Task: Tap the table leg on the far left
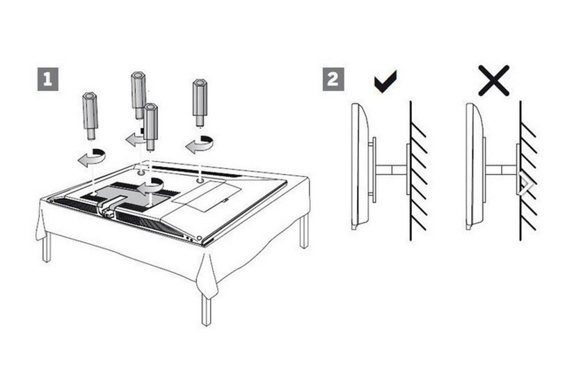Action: (x=47, y=246)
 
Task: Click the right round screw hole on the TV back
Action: (x=200, y=180)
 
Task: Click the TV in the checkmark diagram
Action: (x=360, y=166)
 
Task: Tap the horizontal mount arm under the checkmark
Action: (x=391, y=168)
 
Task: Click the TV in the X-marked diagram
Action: (x=474, y=166)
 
